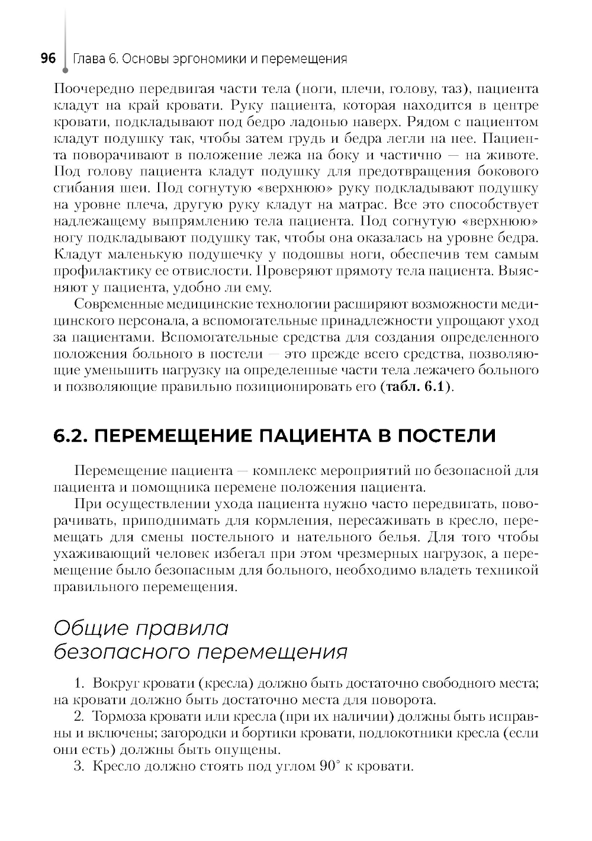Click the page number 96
click(x=47, y=59)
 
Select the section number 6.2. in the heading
click(x=71, y=436)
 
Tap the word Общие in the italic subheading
click(x=90, y=628)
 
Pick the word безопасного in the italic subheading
click(x=121, y=652)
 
